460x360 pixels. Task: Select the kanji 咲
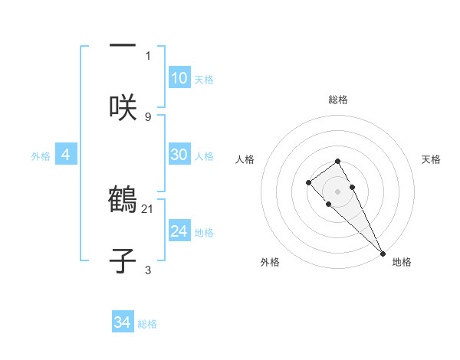123,108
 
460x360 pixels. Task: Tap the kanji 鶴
123,200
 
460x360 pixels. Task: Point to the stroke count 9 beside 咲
148,116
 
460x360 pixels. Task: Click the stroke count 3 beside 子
148,270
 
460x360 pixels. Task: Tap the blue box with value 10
179,78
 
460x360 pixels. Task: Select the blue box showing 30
179,155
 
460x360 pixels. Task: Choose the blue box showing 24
179,231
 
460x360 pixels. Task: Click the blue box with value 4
66,155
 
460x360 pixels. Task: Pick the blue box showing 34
123,323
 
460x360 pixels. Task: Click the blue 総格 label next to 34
147,324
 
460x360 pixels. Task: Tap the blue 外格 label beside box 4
41,155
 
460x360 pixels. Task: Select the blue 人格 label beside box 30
204,155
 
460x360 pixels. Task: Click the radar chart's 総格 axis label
338,100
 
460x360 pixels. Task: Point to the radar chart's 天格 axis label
431,159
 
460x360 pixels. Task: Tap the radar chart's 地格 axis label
402,262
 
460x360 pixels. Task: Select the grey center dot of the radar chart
338,191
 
